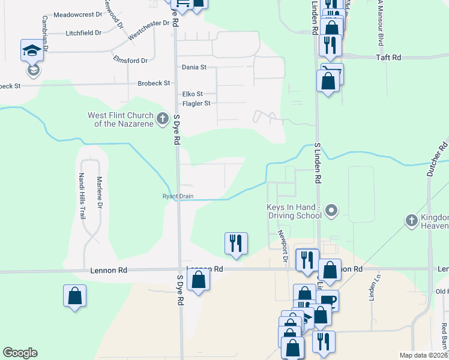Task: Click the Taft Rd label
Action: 388,57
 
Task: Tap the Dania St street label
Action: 194,67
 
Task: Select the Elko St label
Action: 193,94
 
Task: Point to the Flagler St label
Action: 196,103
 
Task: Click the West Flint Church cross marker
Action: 162,119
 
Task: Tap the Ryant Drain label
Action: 178,196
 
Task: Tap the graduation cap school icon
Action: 32,50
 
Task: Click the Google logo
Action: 20,353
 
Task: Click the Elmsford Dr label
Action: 130,60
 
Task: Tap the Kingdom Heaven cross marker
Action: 411,220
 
